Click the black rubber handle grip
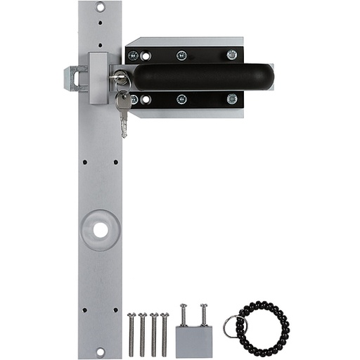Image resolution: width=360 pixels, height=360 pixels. click(x=200, y=77)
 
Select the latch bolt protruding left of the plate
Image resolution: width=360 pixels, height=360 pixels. click(x=74, y=78)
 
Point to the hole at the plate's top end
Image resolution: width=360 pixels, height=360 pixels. click(x=100, y=8)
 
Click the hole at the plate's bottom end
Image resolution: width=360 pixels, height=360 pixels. click(x=100, y=352)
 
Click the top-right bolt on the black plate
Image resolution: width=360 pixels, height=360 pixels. click(x=231, y=55)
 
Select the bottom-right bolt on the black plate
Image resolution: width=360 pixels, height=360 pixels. click(x=231, y=98)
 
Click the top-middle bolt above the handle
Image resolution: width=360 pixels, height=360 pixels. click(x=181, y=55)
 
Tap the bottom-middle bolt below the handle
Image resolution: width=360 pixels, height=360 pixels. click(x=181, y=99)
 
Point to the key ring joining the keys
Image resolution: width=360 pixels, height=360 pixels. click(x=122, y=91)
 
